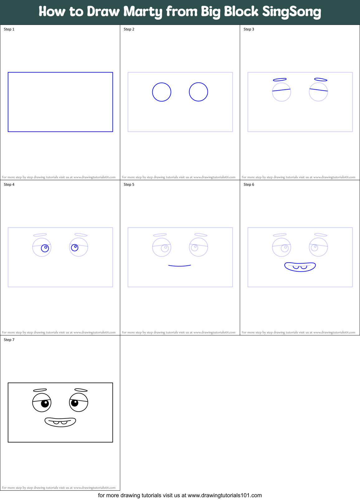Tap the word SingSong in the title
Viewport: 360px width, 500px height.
(291, 12)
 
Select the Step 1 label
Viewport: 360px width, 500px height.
(9, 29)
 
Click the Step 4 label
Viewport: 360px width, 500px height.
(9, 185)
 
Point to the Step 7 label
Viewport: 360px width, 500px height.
(9, 340)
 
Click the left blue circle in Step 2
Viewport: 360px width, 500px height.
(162, 92)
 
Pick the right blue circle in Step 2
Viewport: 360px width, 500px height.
(198, 92)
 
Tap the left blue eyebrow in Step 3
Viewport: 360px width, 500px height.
(280, 80)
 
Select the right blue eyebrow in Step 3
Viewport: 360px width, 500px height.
(321, 80)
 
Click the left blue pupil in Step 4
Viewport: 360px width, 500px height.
(45, 248)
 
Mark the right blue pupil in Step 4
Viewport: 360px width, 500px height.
(75, 247)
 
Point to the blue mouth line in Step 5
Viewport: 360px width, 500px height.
(179, 266)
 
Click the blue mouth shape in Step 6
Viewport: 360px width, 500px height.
(300, 269)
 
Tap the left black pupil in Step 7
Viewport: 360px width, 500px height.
(45, 404)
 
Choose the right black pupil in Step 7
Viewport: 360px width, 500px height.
(75, 403)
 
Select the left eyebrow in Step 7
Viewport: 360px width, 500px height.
(40, 390)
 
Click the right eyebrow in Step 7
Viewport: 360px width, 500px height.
(81, 390)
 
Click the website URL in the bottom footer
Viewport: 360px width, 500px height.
(225, 495)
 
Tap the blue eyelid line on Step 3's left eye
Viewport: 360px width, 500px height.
(281, 90)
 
